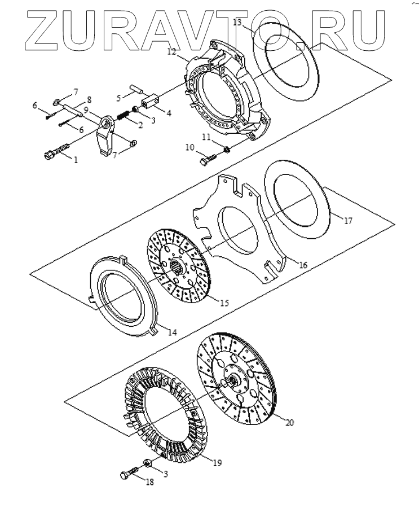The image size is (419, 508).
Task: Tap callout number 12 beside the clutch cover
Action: [171, 51]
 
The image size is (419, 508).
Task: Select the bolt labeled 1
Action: [55, 151]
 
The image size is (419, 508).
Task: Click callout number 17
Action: [348, 221]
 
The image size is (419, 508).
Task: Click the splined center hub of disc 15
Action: [178, 265]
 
